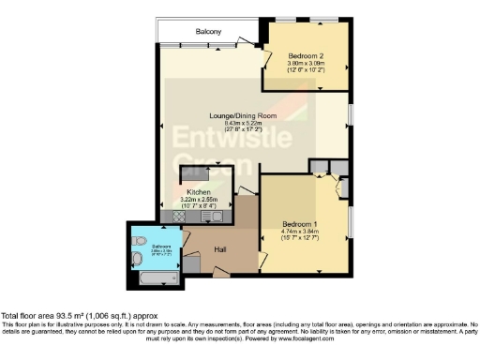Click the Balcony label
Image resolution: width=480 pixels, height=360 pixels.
[x=208, y=33]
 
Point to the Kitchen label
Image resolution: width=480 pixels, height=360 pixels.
[x=198, y=192]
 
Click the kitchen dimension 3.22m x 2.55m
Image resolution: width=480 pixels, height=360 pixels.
[x=198, y=199]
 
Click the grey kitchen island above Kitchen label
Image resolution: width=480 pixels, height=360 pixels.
[x=198, y=173]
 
